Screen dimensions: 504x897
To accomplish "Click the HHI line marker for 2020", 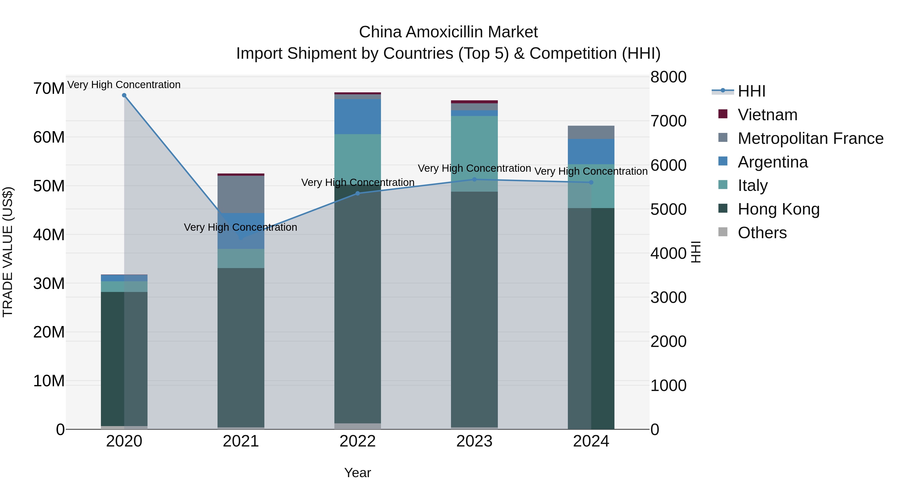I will pyautogui.click(x=124, y=95).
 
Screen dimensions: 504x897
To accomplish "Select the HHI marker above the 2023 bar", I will pyautogui.click(x=474, y=179).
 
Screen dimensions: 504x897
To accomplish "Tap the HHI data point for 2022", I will pyautogui.click(x=358, y=193).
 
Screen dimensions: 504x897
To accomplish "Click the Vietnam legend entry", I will pyautogui.click(x=767, y=115).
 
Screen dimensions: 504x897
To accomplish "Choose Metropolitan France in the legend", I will pyautogui.click(x=810, y=138).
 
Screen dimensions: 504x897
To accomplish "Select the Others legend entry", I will pyautogui.click(x=762, y=233).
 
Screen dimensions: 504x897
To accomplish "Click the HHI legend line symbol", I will pyautogui.click(x=723, y=91).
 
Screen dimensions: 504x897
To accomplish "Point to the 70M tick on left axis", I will pyautogui.click(x=49, y=88).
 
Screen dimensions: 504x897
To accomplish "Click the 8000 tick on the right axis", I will pyautogui.click(x=668, y=77).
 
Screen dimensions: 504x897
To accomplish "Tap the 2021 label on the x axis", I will pyautogui.click(x=241, y=441).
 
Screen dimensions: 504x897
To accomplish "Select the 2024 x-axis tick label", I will pyautogui.click(x=591, y=441).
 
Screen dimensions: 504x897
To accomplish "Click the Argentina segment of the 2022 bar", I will pyautogui.click(x=358, y=116).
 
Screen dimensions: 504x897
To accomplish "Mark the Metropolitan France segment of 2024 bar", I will pyautogui.click(x=591, y=132).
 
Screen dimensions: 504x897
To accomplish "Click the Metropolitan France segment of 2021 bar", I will pyautogui.click(x=241, y=194).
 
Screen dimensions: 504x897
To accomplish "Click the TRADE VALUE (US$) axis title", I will pyautogui.click(x=8, y=252).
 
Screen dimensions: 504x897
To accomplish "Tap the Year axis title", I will pyautogui.click(x=358, y=473).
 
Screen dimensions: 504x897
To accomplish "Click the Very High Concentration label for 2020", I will pyautogui.click(x=124, y=85).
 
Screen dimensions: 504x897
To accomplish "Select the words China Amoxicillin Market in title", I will pyautogui.click(x=448, y=32).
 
